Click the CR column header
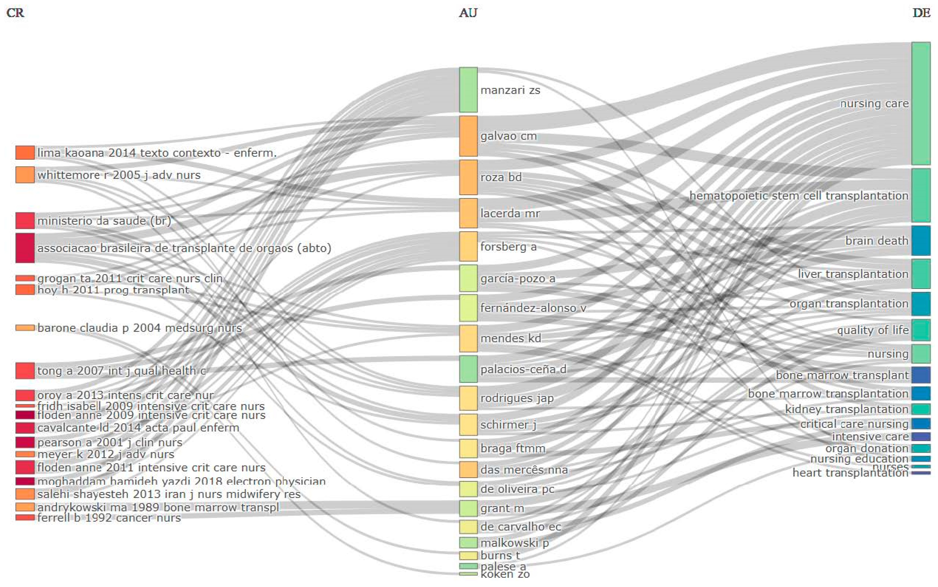(15, 13)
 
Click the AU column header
(468, 13)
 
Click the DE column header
(921, 13)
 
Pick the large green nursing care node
(921, 103)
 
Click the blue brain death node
(921, 241)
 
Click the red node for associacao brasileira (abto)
(25, 248)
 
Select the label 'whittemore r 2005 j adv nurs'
(119, 175)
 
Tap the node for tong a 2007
(25, 371)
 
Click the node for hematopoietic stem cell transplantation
(921, 195)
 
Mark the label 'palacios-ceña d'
(523, 369)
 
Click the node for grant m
(468, 508)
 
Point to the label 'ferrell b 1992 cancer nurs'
(109, 518)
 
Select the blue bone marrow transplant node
(921, 375)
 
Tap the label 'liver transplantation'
(853, 274)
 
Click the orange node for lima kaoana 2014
(25, 153)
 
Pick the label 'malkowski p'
(514, 543)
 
